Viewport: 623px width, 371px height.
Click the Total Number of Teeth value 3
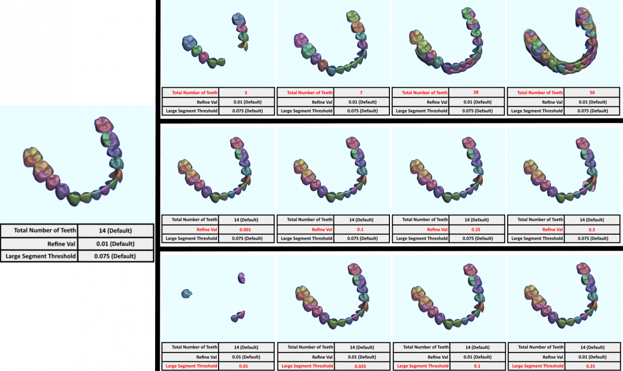tap(246, 92)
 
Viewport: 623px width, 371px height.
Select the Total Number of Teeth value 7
tap(362, 92)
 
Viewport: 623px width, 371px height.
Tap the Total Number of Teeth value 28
tap(476, 92)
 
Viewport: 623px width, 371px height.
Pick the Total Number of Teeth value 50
tap(592, 92)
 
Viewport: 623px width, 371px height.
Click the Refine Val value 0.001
tap(246, 229)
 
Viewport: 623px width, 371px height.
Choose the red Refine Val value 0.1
tap(362, 229)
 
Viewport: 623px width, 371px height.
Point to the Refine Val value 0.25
tap(476, 229)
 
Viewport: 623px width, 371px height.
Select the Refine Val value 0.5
tap(592, 229)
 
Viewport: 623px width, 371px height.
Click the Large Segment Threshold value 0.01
tap(246, 366)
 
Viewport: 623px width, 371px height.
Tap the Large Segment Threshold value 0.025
tap(362, 366)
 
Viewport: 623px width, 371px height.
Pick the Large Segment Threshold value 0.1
tap(476, 366)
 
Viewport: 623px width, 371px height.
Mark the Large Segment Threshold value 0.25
tap(592, 366)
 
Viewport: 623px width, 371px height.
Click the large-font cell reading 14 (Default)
tap(115, 231)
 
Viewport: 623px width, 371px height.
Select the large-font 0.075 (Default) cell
tap(115, 256)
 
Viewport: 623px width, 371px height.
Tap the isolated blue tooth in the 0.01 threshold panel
tap(186, 294)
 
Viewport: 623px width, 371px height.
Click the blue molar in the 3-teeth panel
tap(189, 42)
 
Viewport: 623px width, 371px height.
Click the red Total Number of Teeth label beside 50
tap(536, 92)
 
